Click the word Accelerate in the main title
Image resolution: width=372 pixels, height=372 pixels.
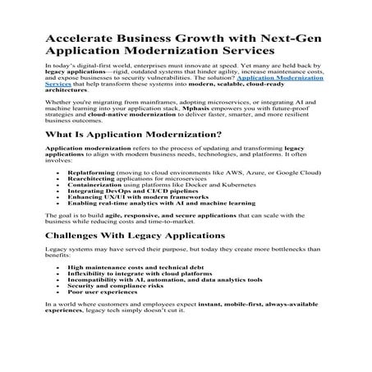coord(79,41)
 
